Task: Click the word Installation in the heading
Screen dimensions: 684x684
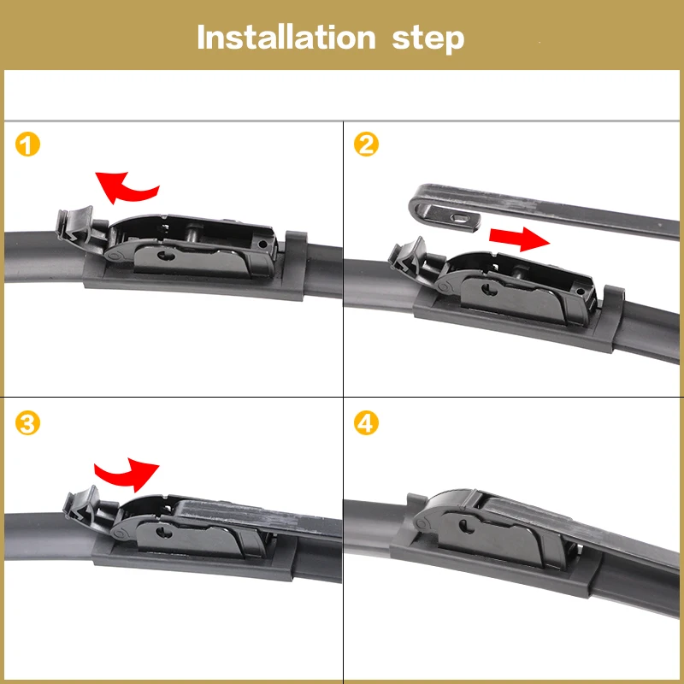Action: click(x=286, y=38)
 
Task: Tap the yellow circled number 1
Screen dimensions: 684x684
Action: click(x=28, y=144)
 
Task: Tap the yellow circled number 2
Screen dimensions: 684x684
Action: click(x=366, y=144)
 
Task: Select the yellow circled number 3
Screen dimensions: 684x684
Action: click(x=28, y=423)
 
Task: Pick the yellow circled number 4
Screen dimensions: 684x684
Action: click(x=366, y=423)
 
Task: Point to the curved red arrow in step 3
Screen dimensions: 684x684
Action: click(x=126, y=467)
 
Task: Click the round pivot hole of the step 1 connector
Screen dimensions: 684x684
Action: click(x=168, y=254)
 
